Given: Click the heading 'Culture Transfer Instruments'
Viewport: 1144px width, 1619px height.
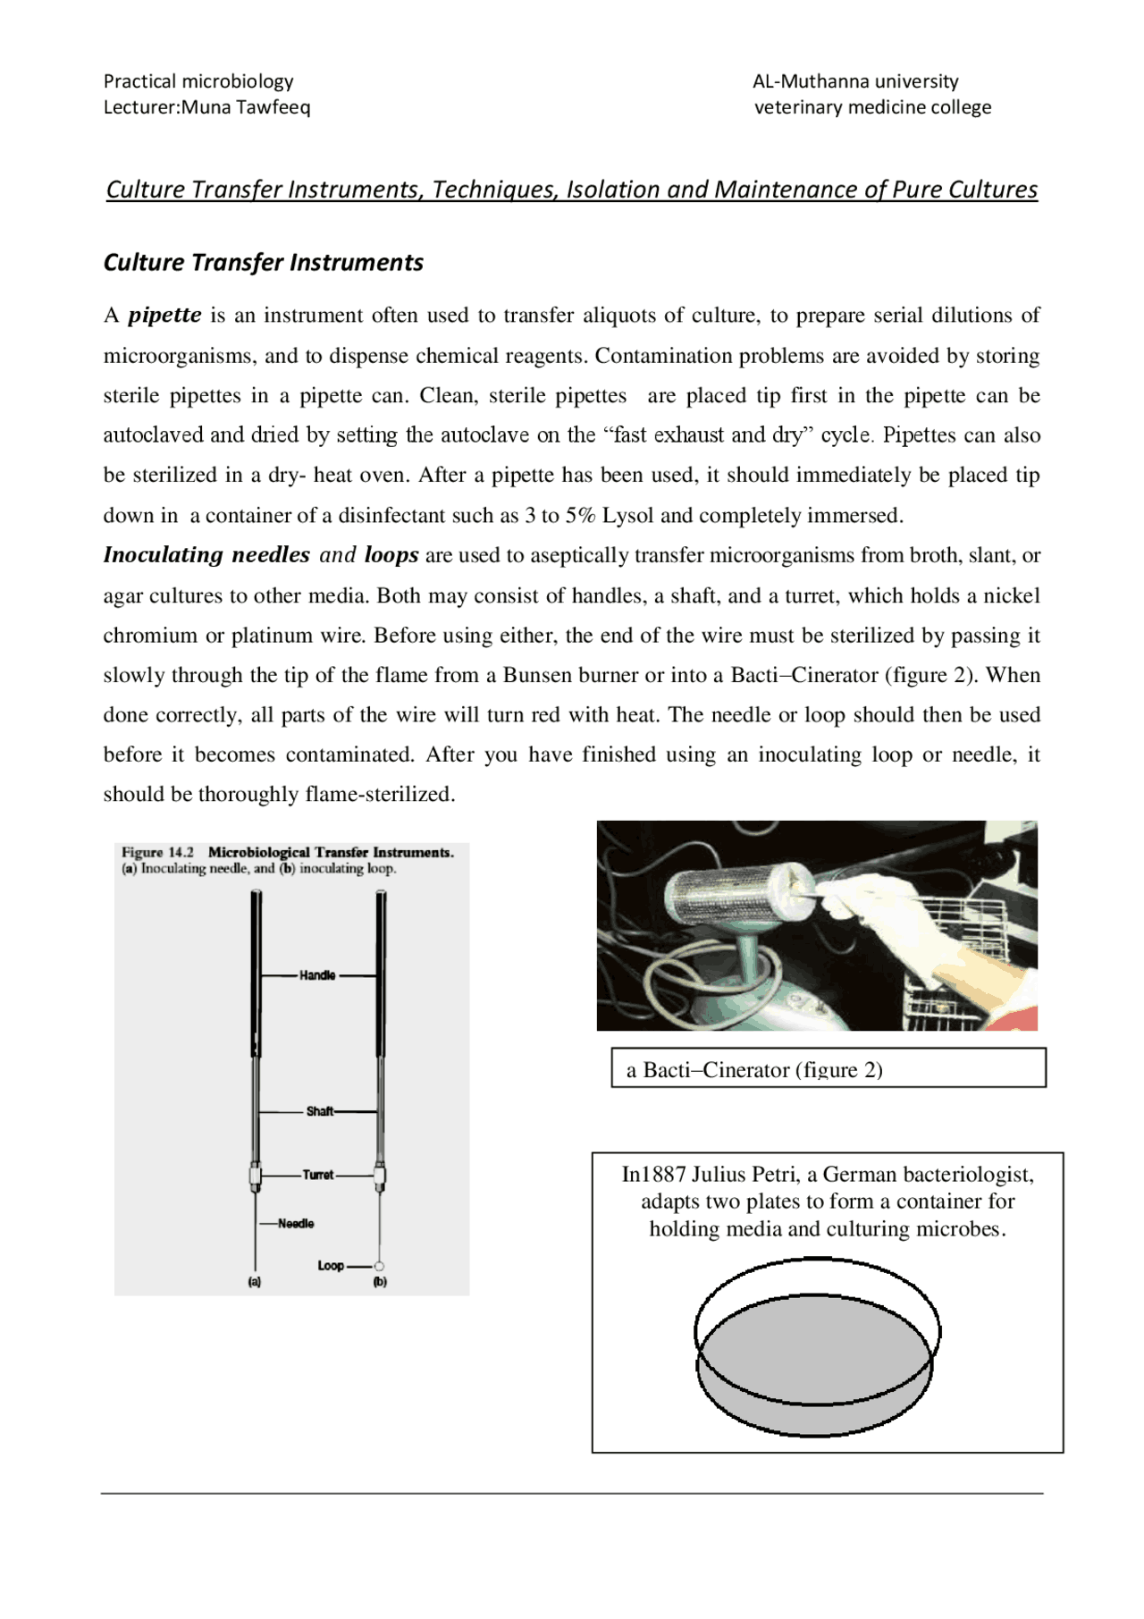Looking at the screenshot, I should coord(263,262).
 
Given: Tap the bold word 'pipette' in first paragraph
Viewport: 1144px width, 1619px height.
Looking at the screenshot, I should coord(164,315).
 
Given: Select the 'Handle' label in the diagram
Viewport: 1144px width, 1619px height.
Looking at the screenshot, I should coord(317,975).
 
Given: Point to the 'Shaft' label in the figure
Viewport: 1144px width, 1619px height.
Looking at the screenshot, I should coord(319,1111).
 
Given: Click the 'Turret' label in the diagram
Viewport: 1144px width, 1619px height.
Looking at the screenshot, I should coord(318,1175).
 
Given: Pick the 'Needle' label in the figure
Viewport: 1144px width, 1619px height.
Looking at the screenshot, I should coord(296,1223).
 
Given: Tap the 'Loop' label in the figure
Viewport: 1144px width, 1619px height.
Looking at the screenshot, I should coord(331,1266).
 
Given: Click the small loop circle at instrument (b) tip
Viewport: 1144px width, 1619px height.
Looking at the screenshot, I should coord(379,1266).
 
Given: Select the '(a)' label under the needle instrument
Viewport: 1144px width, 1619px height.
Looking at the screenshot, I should coord(255,1282).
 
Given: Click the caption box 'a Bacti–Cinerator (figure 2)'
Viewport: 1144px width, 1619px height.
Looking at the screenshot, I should coord(828,1068).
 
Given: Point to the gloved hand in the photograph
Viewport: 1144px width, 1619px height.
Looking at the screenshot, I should coord(903,921).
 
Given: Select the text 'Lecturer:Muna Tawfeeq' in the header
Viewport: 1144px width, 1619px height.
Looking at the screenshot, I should coord(206,107).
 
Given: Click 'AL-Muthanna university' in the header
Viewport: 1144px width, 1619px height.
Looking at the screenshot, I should coord(855,81).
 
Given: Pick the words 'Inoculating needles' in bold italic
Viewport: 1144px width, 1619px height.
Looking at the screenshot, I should coord(206,555).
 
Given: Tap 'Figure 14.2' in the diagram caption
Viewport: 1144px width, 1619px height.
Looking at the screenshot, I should coord(158,853).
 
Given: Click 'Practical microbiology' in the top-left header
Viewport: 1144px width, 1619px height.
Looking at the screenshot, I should coord(198,81).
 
